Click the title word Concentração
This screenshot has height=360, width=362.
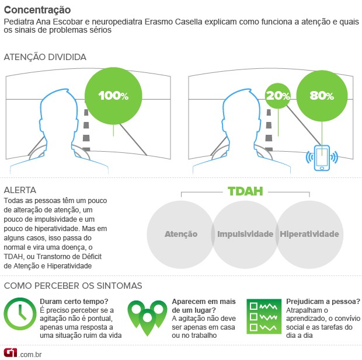pos(37,10)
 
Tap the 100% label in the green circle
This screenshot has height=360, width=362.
pos(113,96)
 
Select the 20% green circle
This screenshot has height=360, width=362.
pos(277,96)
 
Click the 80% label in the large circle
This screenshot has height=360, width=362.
pos(322,96)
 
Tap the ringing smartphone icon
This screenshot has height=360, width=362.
pos(322,158)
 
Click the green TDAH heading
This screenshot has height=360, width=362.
pos(245,191)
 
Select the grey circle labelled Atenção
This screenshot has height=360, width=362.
pos(180,234)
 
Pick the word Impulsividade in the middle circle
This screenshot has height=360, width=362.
pos(245,234)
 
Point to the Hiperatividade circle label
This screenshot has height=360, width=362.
pos(309,234)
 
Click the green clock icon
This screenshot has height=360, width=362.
pos(20,314)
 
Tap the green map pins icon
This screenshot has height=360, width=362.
pos(147,318)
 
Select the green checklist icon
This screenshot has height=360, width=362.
pos(264,316)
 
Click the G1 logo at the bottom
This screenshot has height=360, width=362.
pos(11,353)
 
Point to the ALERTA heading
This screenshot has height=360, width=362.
pos(20,190)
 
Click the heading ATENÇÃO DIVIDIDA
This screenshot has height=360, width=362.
pos(45,57)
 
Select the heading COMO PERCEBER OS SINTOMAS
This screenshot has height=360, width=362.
pos(73,286)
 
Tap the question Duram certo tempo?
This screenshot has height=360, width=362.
pos(74,302)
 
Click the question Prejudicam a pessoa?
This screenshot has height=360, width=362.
pos(323,302)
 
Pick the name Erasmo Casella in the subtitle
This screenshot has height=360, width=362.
pos(173,22)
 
